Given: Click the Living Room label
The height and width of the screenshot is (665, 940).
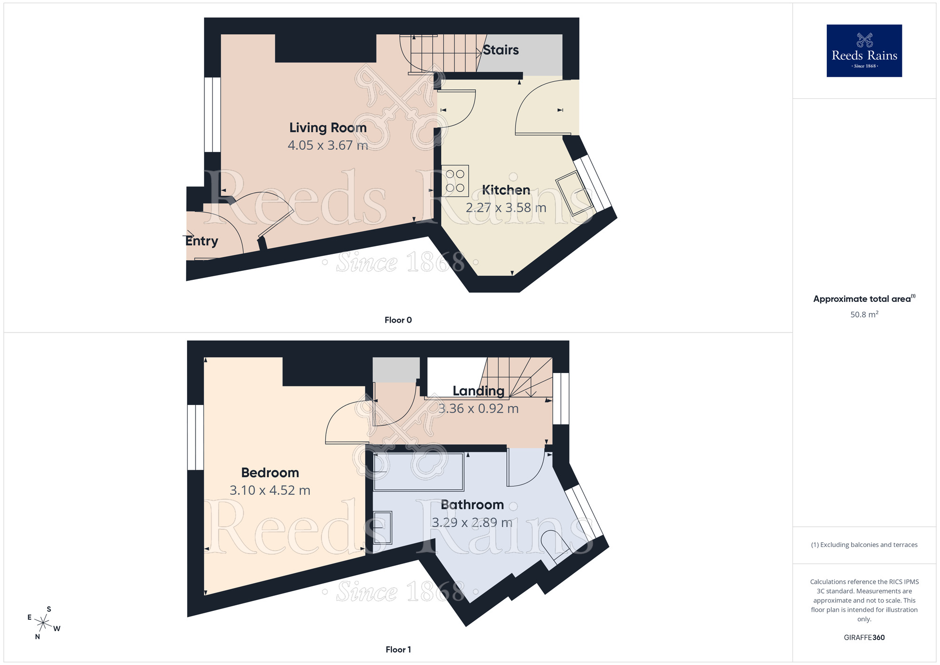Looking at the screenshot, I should pyautogui.click(x=328, y=128).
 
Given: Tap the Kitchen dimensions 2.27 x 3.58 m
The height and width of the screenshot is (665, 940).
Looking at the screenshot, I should pyautogui.click(x=506, y=208).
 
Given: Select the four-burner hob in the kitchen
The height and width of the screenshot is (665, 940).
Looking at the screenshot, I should pyautogui.click(x=455, y=181).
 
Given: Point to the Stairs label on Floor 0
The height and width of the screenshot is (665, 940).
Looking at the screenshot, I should pyautogui.click(x=501, y=50).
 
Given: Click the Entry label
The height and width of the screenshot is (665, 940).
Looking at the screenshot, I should pyautogui.click(x=202, y=241).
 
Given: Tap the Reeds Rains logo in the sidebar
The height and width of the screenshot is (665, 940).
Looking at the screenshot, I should pyautogui.click(x=864, y=51).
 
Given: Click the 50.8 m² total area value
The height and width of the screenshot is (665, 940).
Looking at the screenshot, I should pyautogui.click(x=864, y=315).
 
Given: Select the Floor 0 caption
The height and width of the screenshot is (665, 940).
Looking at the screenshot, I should pyautogui.click(x=398, y=320).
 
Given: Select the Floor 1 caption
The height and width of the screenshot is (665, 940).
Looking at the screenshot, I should pyautogui.click(x=398, y=650).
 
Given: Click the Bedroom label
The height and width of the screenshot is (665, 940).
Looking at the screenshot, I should pyautogui.click(x=270, y=473).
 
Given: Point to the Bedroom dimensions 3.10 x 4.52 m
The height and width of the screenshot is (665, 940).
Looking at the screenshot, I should pyautogui.click(x=270, y=491).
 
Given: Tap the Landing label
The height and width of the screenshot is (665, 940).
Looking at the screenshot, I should pyautogui.click(x=478, y=391).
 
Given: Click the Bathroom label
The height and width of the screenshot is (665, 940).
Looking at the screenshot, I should pyautogui.click(x=472, y=505).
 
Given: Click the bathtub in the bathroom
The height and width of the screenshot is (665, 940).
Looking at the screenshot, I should pyautogui.click(x=418, y=472).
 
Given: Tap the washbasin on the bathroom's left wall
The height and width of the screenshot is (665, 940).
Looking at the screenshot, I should pyautogui.click(x=382, y=527).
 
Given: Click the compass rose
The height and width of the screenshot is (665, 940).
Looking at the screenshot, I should pyautogui.click(x=43, y=624).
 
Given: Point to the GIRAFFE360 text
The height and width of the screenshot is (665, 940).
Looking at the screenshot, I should pyautogui.click(x=864, y=638).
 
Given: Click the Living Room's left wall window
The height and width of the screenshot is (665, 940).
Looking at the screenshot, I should pyautogui.click(x=212, y=115).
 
